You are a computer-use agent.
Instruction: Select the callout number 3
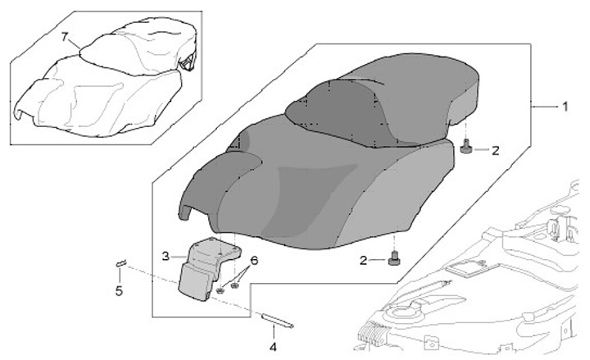coord(166,256)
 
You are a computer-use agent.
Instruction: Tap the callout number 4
coord(273,345)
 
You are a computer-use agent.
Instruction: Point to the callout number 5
coord(120,290)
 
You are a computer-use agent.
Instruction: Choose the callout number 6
coord(254,260)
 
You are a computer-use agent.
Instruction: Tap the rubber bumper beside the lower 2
coord(395,259)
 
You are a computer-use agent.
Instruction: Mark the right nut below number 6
coord(235,285)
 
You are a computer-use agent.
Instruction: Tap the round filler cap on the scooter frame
coord(401,314)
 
